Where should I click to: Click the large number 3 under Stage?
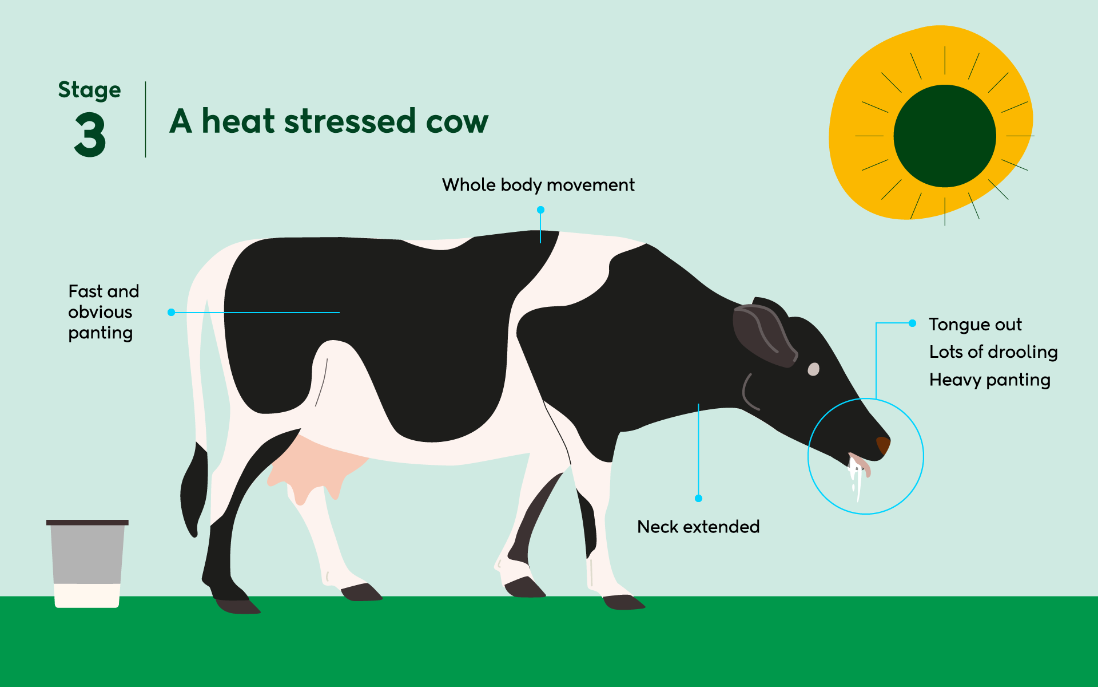tap(90, 135)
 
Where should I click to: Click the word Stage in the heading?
tap(90, 90)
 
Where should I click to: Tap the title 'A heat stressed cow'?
tap(329, 121)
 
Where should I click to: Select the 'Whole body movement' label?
tap(538, 185)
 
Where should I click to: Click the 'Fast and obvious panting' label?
tap(104, 312)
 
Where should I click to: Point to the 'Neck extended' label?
tap(698, 527)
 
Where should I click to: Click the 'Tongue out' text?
tap(975, 325)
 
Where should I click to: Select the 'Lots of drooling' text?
tap(993, 352)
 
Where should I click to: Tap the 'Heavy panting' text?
tap(990, 380)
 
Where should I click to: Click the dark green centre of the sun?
tap(945, 136)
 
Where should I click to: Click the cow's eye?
tap(813, 369)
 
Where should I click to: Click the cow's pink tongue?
tap(861, 465)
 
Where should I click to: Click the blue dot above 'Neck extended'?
tap(698, 499)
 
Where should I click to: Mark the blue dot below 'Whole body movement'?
tap(540, 210)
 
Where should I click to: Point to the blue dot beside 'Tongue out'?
tap(912, 323)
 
